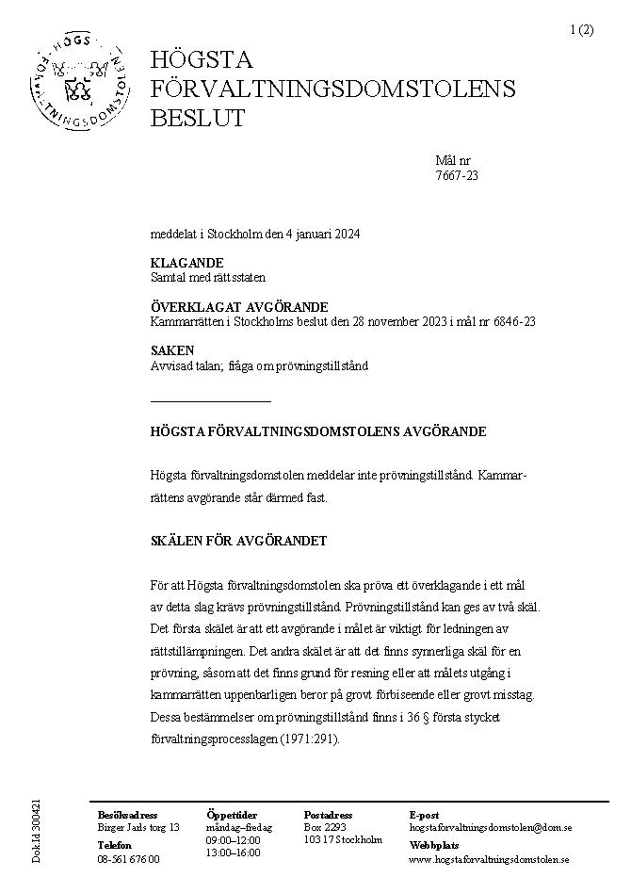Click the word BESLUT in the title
tap(198, 118)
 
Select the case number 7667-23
tap(457, 174)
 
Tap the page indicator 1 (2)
tap(581, 29)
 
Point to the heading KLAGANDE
tap(186, 263)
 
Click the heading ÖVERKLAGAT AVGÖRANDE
tap(239, 307)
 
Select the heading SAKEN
tap(172, 350)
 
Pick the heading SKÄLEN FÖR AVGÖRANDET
tap(238, 541)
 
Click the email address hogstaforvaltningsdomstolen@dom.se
tap(491, 827)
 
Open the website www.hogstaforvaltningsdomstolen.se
tap(489, 859)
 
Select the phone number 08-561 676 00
tap(128, 859)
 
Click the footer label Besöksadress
tap(128, 815)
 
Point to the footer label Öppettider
tap(231, 815)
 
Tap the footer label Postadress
tap(328, 815)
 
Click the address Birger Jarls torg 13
tap(138, 827)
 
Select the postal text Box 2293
tap(325, 827)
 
